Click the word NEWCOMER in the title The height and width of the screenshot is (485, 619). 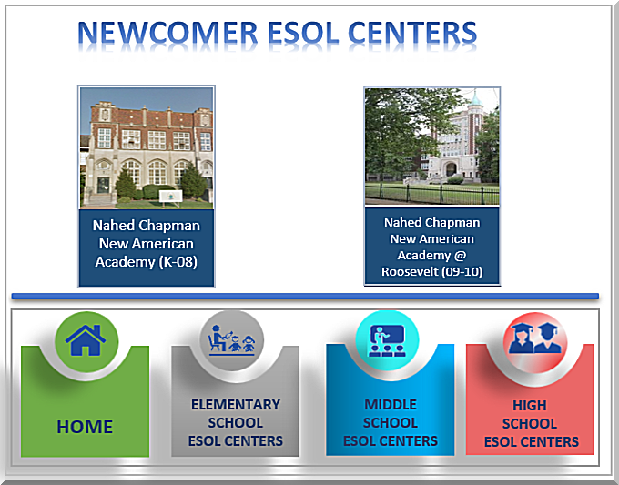click(x=167, y=33)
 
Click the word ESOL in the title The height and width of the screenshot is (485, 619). click(x=303, y=33)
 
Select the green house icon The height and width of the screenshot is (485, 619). click(x=86, y=340)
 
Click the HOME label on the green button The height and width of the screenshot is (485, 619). click(x=85, y=427)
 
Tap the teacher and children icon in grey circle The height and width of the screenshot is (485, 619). click(x=232, y=339)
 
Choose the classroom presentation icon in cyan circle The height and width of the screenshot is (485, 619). click(x=387, y=340)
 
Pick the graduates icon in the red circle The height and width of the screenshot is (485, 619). click(x=535, y=338)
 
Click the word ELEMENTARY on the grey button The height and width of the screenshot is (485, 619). click(x=236, y=405)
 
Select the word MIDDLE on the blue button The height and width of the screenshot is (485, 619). click(x=391, y=405)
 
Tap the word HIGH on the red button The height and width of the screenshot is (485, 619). click(x=530, y=405)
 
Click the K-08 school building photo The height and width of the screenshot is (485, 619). click(x=147, y=147)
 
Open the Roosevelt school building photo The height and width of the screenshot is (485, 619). click(x=431, y=146)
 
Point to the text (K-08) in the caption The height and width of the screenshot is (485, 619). click(x=178, y=262)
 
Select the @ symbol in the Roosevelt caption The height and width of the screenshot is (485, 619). click(x=461, y=256)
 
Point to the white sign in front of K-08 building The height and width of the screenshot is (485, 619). click(x=170, y=197)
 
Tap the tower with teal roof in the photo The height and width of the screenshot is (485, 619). click(x=475, y=130)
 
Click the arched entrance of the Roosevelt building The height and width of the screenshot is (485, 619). click(x=451, y=168)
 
